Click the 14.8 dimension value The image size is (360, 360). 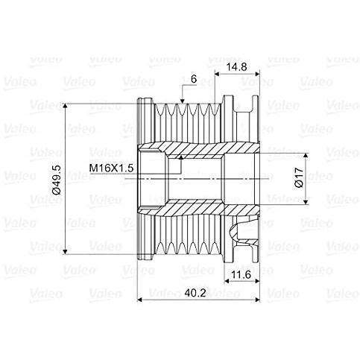click(x=237, y=66)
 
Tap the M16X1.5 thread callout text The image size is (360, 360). click(x=111, y=168)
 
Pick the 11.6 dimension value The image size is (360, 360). click(x=237, y=277)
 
